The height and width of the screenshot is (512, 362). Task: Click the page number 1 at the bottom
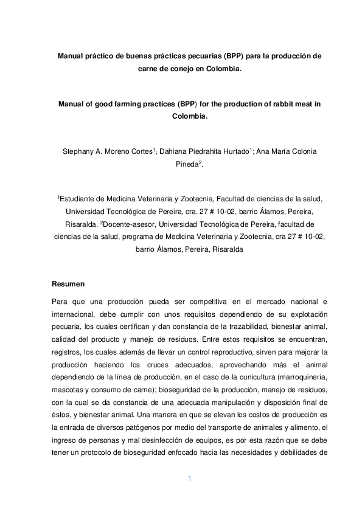coord(189,479)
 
